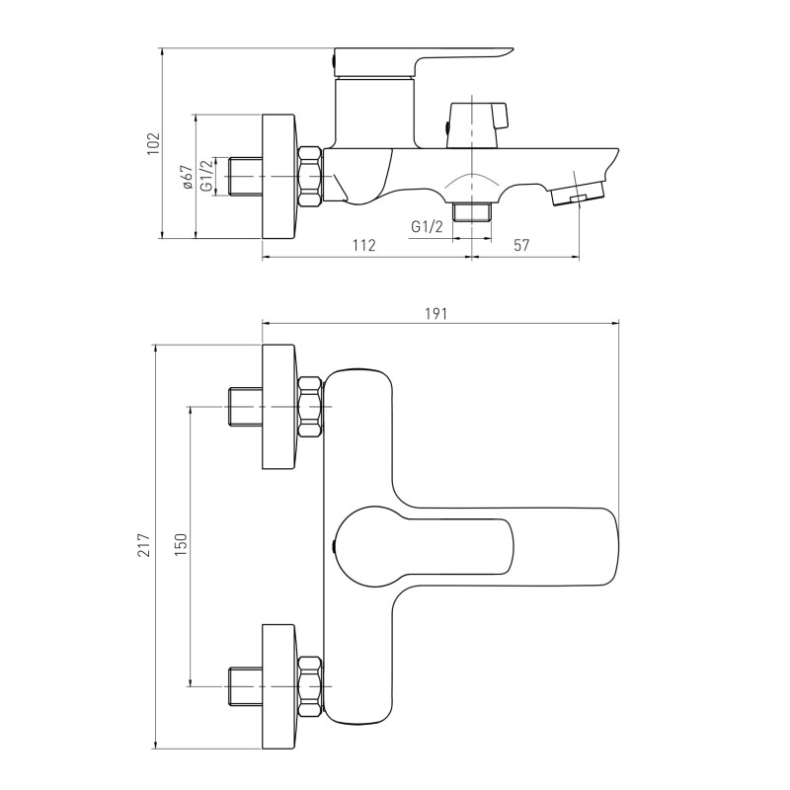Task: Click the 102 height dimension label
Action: (153, 143)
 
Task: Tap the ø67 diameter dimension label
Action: (187, 177)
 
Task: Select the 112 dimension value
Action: (364, 245)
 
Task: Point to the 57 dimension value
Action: (521, 245)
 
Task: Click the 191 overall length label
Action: (435, 314)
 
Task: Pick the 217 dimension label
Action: (145, 545)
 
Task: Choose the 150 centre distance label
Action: (181, 545)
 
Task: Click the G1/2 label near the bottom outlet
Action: (427, 227)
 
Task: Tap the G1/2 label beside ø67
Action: (206, 177)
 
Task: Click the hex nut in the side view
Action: (310, 177)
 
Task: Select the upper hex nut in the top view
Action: (310, 406)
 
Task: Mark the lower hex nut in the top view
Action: (310, 686)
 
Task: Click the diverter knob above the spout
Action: (478, 125)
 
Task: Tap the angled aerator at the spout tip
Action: (578, 192)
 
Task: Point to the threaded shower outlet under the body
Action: (472, 211)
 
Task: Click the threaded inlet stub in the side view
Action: (245, 177)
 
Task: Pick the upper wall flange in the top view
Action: (278, 407)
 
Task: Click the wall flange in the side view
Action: (279, 177)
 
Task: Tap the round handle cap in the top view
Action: (366, 546)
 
